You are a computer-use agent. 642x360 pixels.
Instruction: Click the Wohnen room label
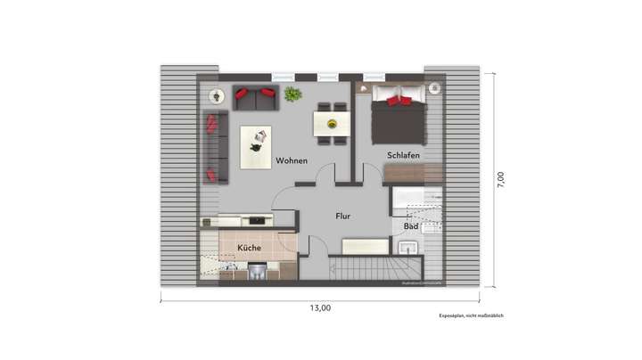pos(292,161)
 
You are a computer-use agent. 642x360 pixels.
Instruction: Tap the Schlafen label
pos(403,156)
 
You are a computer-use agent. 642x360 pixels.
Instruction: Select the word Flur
pos(342,216)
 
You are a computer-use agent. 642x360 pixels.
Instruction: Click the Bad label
pos(411,226)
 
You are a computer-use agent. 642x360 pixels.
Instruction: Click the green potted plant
pos(292,94)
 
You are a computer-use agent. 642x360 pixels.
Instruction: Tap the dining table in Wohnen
pos(332,121)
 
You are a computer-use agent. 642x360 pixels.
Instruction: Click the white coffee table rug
pos(256,146)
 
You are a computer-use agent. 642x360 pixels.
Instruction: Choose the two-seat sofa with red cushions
pos(255,96)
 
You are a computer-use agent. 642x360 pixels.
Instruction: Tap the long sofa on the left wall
pos(215,147)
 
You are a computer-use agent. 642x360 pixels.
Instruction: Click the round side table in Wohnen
pos(216,95)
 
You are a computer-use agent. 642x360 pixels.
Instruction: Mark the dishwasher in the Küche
pos(257,270)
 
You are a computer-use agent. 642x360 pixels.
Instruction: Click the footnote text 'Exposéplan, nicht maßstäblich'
pos(470,315)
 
